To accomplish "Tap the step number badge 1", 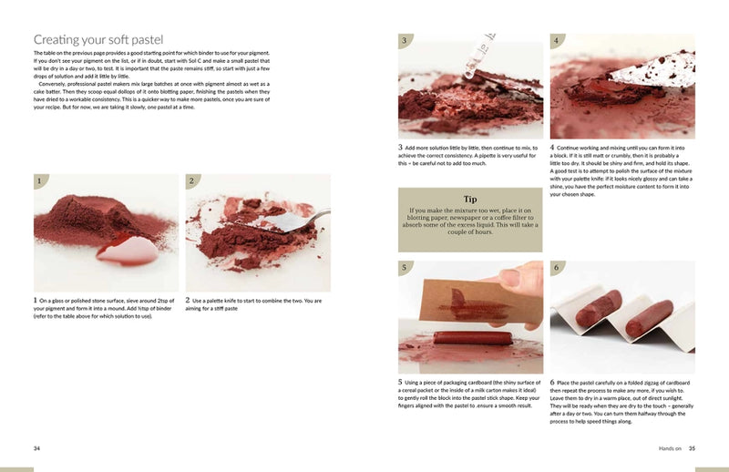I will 39,181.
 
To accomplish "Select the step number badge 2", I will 192,181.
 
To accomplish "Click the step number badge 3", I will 404,42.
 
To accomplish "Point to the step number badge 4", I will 556,42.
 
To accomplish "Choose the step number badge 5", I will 404,268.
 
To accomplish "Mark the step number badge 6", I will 556,268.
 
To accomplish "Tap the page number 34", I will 36,447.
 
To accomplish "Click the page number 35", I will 692,447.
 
